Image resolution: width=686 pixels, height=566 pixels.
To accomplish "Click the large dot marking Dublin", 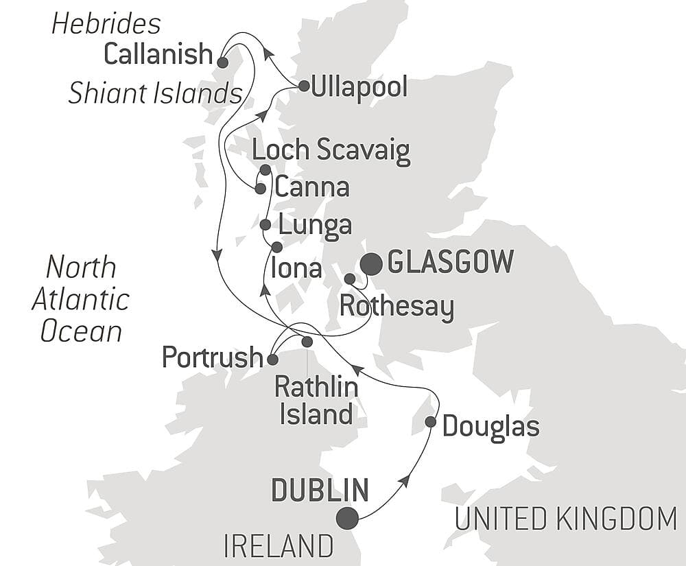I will (x=348, y=518).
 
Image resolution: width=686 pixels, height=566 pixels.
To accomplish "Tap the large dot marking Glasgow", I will (x=372, y=263).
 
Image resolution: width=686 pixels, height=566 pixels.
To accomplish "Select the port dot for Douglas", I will (x=430, y=422).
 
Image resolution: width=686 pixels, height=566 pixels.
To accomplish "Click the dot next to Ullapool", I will (x=303, y=86).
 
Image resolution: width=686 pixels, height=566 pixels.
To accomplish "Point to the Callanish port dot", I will (x=222, y=62).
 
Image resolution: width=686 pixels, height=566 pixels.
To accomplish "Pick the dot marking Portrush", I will (x=272, y=359).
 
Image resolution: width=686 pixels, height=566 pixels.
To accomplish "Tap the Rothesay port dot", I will (x=349, y=279).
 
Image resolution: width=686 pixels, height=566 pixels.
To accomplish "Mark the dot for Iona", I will (x=276, y=246).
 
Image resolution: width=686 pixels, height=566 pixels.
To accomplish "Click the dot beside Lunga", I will (x=265, y=224).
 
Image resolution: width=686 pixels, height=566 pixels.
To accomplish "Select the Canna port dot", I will (x=260, y=188).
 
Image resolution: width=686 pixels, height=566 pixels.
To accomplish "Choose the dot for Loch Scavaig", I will (x=265, y=169).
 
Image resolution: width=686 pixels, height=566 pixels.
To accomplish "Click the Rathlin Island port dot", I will (x=307, y=341).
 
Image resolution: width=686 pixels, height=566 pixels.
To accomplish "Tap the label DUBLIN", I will (x=320, y=491).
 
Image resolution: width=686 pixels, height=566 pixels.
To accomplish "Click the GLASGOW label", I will (x=450, y=262).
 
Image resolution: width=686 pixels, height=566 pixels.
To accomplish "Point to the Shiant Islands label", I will (x=155, y=94).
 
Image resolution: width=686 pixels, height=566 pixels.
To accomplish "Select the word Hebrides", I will (x=106, y=24).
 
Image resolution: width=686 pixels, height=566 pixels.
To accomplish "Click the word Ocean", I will (x=81, y=331).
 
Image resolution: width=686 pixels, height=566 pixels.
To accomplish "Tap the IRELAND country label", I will (x=279, y=547).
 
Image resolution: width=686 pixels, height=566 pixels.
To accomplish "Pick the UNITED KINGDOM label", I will (x=566, y=519).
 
